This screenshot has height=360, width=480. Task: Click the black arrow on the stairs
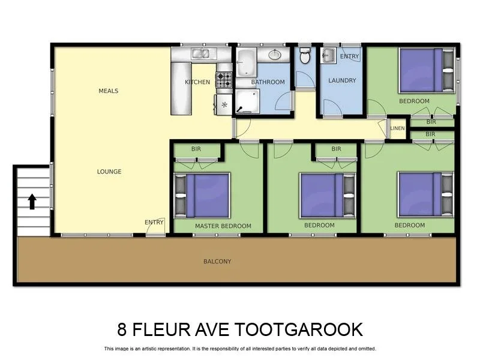pos(32,202)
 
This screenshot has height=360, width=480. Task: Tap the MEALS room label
pos(109,91)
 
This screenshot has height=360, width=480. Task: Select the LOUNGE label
pos(109,172)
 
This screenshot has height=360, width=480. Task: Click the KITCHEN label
pos(197,82)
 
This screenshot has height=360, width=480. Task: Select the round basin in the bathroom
pos(275,55)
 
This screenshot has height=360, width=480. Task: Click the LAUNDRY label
pos(342,80)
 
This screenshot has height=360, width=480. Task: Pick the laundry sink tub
pos(328,56)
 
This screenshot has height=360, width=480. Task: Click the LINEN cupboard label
pos(397,128)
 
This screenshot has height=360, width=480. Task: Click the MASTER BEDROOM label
pos(223,226)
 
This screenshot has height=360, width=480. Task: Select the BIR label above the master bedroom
pos(196,149)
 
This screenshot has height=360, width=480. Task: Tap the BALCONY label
pos(217,262)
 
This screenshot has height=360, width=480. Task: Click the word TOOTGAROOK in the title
pos(300,329)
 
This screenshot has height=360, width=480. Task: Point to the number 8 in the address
pos(123,329)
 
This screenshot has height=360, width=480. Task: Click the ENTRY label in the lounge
pos(154,223)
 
